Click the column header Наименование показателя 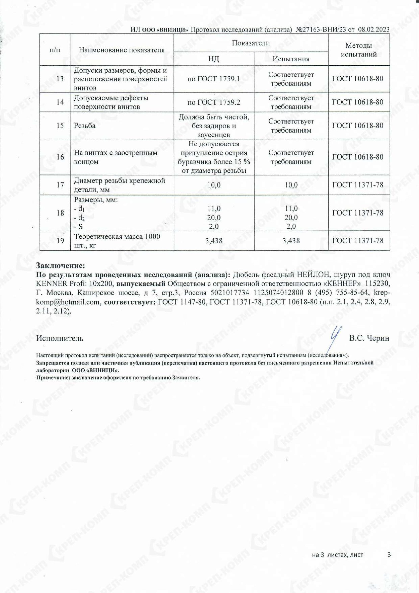(x=122, y=50)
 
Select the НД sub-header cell (x=214, y=59)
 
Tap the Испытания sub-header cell (x=291, y=59)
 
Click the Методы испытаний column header (x=359, y=50)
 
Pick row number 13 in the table (x=60, y=79)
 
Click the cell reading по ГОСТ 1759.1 (x=214, y=79)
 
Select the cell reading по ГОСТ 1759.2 (x=214, y=102)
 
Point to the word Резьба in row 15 (x=85, y=125)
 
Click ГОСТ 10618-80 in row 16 (x=358, y=157)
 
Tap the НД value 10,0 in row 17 (x=214, y=185)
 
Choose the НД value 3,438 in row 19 (x=214, y=241)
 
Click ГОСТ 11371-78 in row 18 (x=358, y=213)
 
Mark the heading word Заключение (x=60, y=265)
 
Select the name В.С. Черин (x=369, y=338)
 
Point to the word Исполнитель (x=60, y=338)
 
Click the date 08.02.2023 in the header (x=374, y=29)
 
